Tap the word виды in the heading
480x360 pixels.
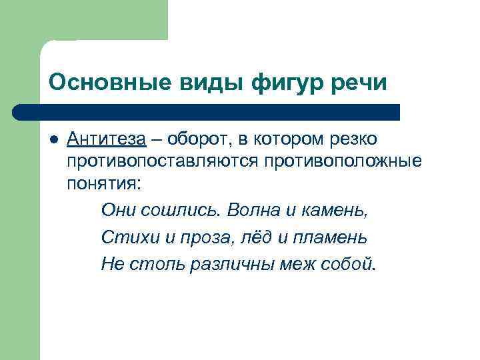click(206, 84)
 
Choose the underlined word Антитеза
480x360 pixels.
click(106, 139)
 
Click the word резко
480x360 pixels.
click(353, 139)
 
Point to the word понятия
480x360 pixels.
click(104, 183)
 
